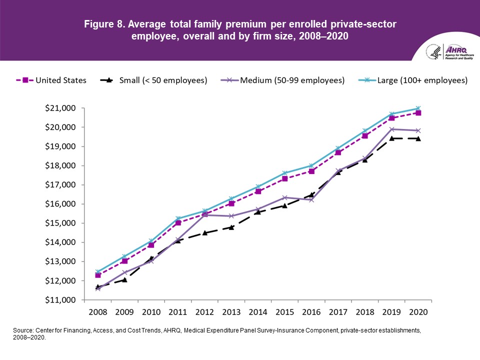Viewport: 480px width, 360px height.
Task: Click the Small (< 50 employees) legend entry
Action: point(153,80)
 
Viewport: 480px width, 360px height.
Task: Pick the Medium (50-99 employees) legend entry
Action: point(284,80)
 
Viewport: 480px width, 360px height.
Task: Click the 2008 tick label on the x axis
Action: point(98,312)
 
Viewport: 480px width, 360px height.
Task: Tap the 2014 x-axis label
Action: point(258,312)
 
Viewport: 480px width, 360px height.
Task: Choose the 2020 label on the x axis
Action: point(418,312)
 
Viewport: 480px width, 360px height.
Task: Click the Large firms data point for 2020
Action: point(418,108)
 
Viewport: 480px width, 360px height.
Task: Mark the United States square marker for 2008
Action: point(98,275)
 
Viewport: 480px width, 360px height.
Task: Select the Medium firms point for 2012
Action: point(204,215)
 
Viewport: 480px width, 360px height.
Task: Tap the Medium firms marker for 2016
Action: point(311,200)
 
